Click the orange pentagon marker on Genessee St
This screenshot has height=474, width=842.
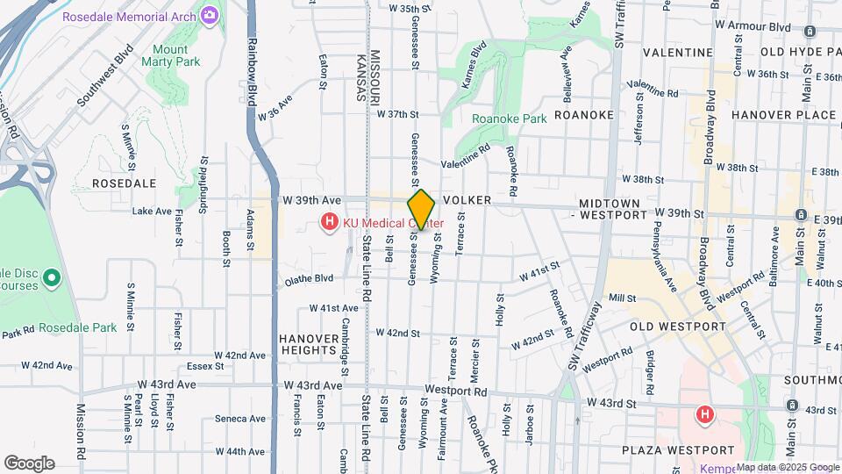click(421, 210)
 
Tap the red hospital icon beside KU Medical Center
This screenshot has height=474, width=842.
click(329, 222)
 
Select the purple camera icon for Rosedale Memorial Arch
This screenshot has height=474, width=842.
click(210, 15)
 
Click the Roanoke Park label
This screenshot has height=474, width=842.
click(510, 118)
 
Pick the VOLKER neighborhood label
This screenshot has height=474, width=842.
click(466, 200)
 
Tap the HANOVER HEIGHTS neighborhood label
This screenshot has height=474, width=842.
click(309, 344)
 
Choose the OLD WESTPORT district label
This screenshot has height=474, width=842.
click(678, 327)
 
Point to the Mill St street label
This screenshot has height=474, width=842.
click(622, 298)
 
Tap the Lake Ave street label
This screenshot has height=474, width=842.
click(152, 211)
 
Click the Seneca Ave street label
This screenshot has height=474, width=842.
click(239, 419)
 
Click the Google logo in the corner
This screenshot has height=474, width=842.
click(29, 463)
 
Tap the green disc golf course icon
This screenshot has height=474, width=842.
click(51, 279)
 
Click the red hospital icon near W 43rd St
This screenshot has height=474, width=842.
click(703, 414)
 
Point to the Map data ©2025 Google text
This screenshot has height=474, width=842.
click(787, 467)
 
